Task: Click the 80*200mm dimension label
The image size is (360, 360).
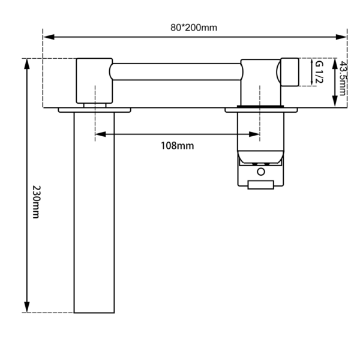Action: tap(194, 28)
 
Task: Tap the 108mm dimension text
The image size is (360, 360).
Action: tap(177, 146)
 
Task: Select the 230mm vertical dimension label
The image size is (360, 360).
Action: tap(36, 202)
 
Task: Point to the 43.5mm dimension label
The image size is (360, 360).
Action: tap(343, 78)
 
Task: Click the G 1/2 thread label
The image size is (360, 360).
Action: tap(319, 72)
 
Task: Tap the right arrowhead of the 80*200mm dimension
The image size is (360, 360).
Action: tap(341, 37)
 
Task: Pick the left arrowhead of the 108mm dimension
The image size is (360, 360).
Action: tap(101, 134)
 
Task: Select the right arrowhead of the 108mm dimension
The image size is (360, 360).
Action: tap(254, 134)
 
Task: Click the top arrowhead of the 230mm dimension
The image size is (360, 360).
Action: tap(27, 64)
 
